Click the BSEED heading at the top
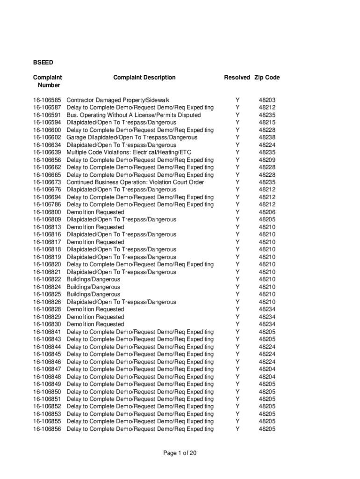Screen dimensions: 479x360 pos(43,62)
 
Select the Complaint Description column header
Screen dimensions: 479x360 pos(144,78)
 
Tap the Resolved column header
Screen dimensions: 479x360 pos(237,78)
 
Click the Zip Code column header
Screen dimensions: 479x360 pos(267,78)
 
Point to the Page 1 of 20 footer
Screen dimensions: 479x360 pos(180,453)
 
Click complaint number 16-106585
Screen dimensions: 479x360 pos(47,100)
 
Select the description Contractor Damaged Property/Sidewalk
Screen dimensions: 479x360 pos(118,100)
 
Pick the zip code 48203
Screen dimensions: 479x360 pos(267,100)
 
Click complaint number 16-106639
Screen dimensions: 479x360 pos(47,152)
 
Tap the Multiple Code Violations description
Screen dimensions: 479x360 pos(129,152)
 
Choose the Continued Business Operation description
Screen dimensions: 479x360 pos(135,182)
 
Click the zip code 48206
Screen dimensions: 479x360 pos(267,212)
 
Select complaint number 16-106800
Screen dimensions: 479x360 pos(47,212)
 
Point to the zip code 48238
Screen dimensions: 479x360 pos(267,138)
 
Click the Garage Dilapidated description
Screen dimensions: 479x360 pos(132,138)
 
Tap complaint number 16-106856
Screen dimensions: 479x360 pos(47,429)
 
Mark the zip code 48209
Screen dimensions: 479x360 pos(267,160)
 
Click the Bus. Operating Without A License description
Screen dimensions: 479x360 pos(134,115)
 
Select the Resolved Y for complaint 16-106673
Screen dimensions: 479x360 pos(238,182)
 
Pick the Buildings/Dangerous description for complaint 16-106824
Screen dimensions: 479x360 pos(94,287)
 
